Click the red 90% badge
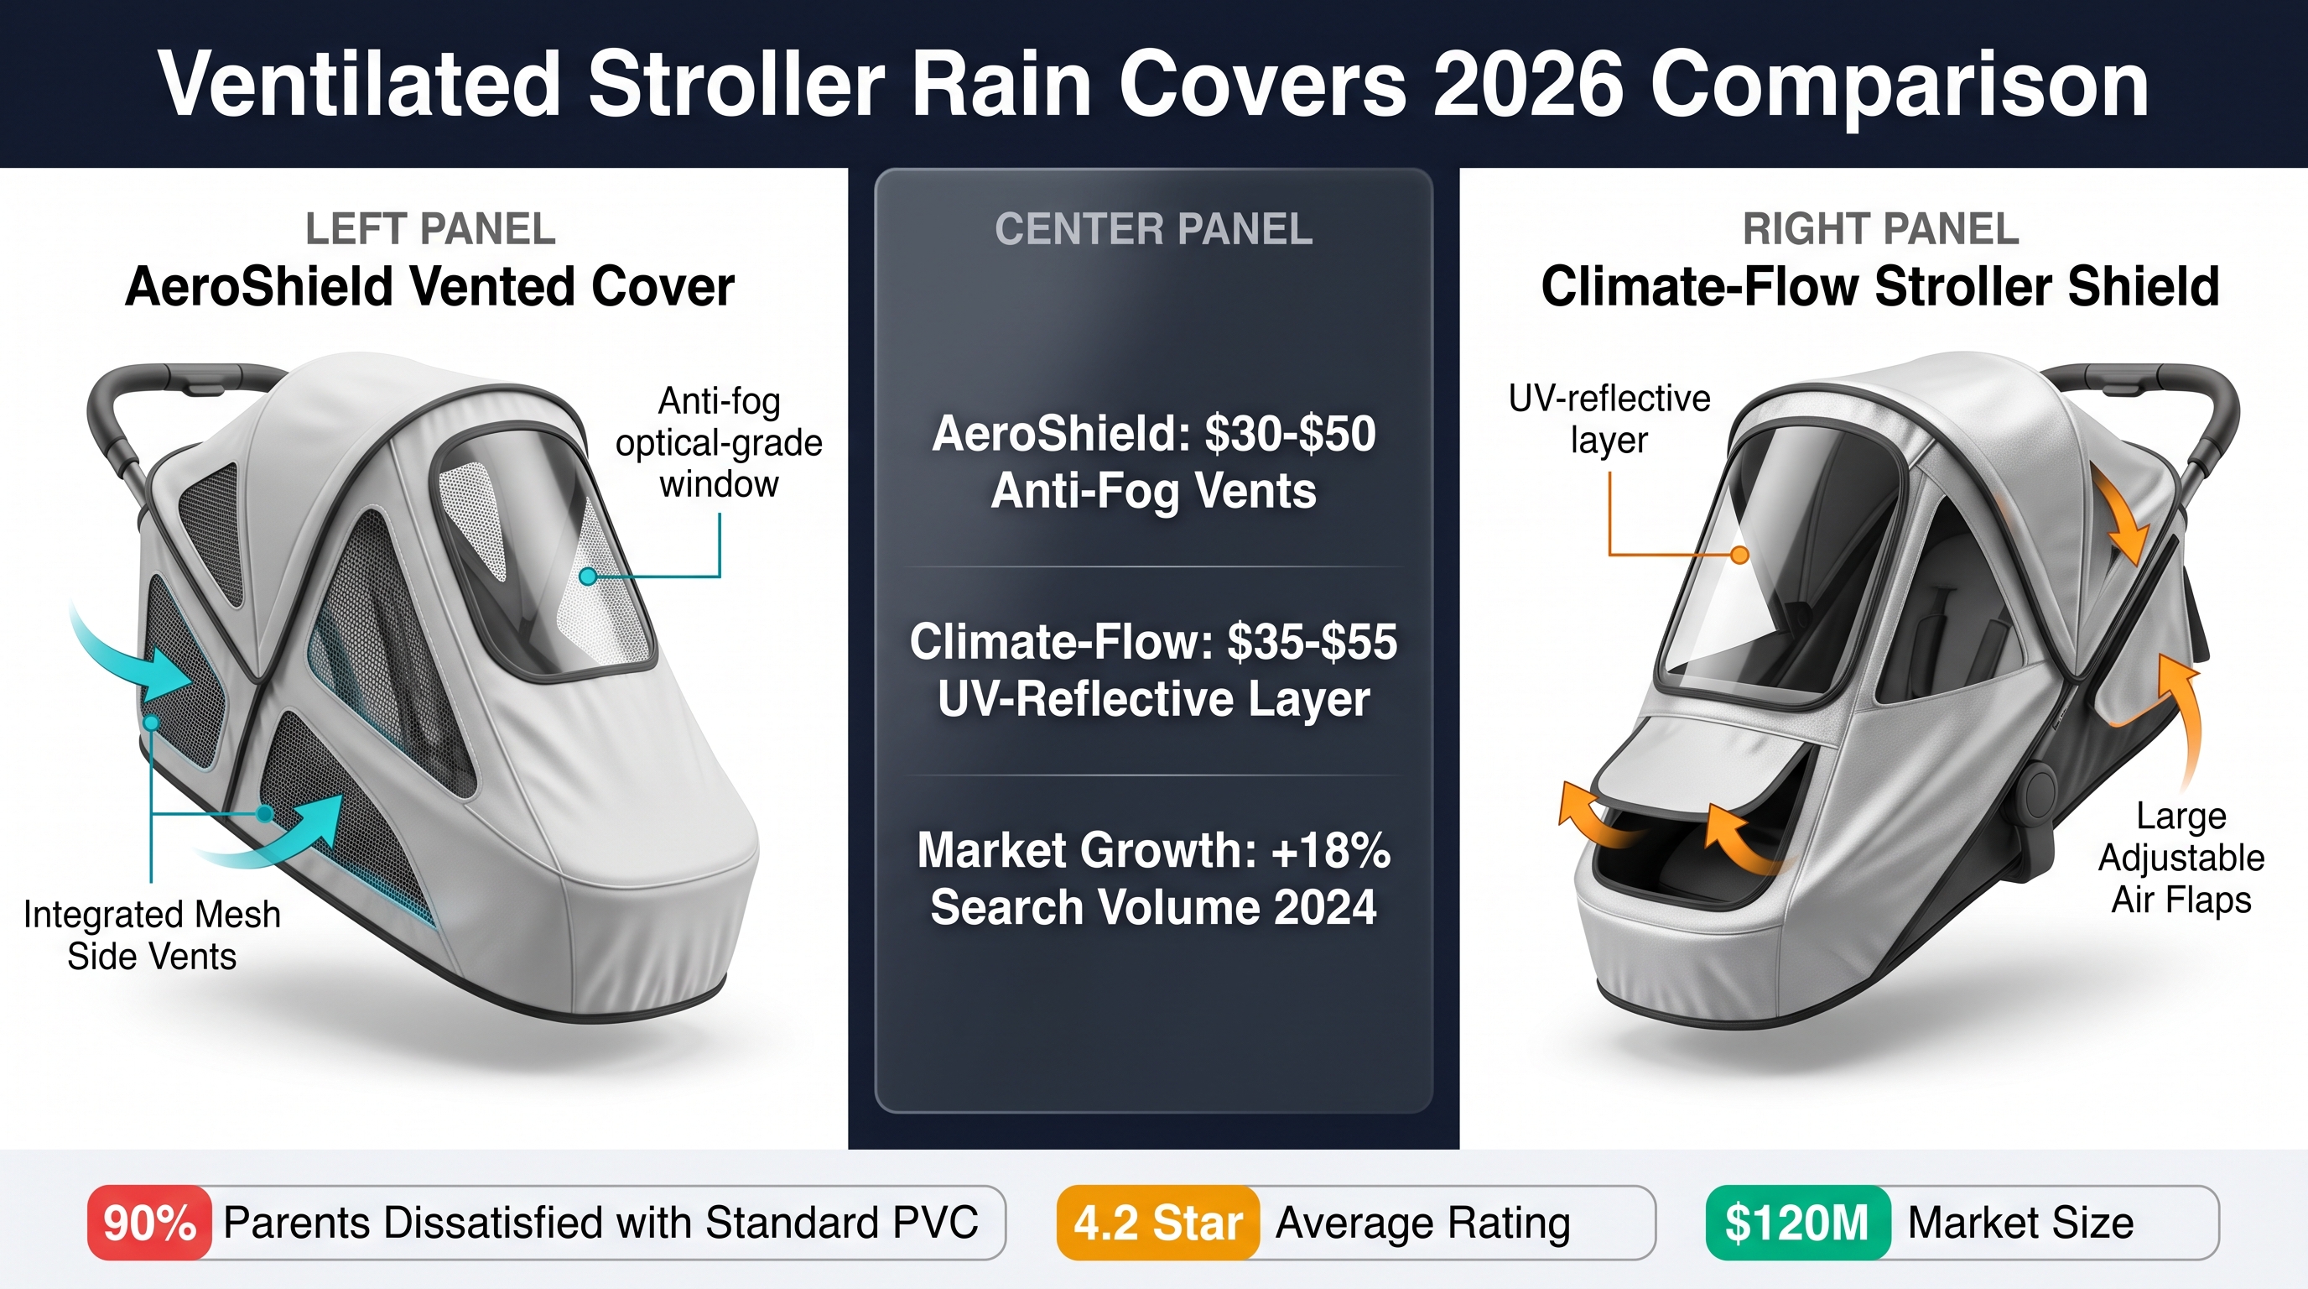149,1223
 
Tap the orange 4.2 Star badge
1157,1223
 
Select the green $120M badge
1797,1223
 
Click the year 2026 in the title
1529,84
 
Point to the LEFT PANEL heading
430,229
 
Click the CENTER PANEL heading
1154,229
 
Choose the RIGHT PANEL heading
1880,229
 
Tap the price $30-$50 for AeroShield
1290,434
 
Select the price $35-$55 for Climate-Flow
1313,642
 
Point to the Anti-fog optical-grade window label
719,443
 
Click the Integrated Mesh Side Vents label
153,936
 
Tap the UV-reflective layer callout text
1609,419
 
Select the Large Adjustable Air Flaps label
2181,858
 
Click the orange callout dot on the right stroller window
1739,555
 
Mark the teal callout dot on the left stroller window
588,577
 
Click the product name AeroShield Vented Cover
430,287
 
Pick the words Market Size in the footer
2020,1223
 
